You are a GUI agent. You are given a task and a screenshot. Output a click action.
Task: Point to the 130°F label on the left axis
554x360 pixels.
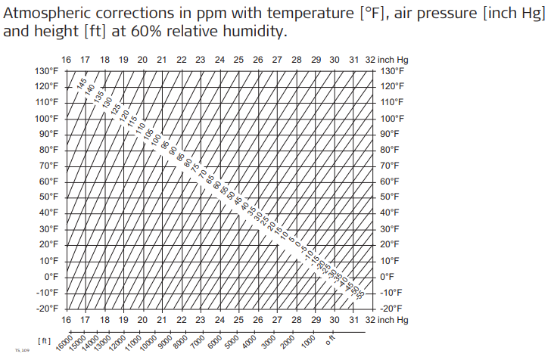[x=47, y=70]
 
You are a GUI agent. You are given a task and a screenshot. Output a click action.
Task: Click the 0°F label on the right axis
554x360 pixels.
[x=387, y=276]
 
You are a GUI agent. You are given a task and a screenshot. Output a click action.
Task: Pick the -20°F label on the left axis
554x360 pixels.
[x=47, y=308]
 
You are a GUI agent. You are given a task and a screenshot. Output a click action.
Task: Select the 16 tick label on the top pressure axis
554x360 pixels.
[x=66, y=60]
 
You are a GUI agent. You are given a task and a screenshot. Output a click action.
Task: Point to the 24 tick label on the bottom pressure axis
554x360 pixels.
[x=219, y=320]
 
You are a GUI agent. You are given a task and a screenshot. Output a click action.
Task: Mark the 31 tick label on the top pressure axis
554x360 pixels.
[x=353, y=60]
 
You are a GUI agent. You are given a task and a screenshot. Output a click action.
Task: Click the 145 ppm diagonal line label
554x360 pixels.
[x=82, y=84]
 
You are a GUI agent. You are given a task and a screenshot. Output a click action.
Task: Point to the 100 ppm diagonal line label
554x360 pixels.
[x=155, y=140]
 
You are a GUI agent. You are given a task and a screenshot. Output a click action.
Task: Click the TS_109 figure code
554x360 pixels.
[x=22, y=351]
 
